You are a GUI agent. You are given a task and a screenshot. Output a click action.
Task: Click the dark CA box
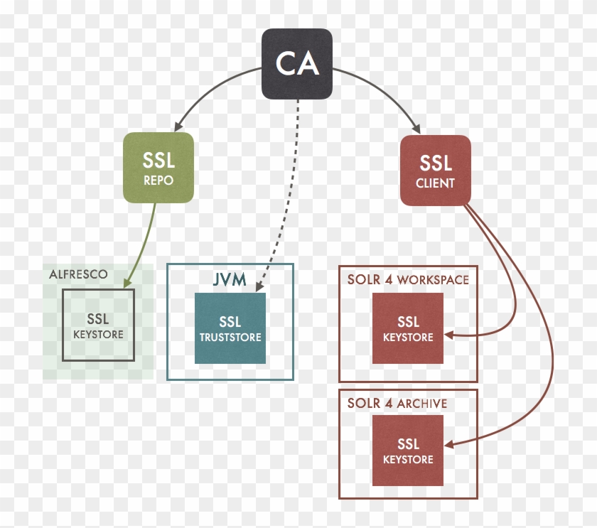[x=296, y=64]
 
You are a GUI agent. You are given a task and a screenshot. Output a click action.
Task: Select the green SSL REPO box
[x=158, y=168]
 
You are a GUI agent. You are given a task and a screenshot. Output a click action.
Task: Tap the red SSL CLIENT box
[x=435, y=171]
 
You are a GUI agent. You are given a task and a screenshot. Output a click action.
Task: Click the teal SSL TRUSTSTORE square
[x=230, y=328]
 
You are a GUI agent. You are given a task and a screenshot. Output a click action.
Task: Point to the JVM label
[x=230, y=279]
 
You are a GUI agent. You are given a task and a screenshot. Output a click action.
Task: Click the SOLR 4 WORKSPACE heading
[x=408, y=279]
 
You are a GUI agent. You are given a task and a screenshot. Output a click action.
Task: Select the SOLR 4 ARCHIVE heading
[x=397, y=403]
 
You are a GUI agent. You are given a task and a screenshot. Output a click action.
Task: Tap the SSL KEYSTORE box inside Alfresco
[x=98, y=325]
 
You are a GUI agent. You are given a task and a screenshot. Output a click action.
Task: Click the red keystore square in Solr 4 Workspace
[x=407, y=328]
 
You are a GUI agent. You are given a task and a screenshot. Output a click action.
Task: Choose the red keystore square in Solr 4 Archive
[x=407, y=451]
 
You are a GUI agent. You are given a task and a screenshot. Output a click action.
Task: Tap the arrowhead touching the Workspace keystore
[x=449, y=335]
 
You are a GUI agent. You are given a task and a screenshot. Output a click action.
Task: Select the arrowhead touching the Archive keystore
[x=449, y=445]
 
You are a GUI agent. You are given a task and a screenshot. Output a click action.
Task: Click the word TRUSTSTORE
[x=230, y=338]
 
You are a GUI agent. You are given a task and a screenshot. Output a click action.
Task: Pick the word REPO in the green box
[x=158, y=181]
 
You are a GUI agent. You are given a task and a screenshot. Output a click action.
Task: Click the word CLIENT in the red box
[x=435, y=183]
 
